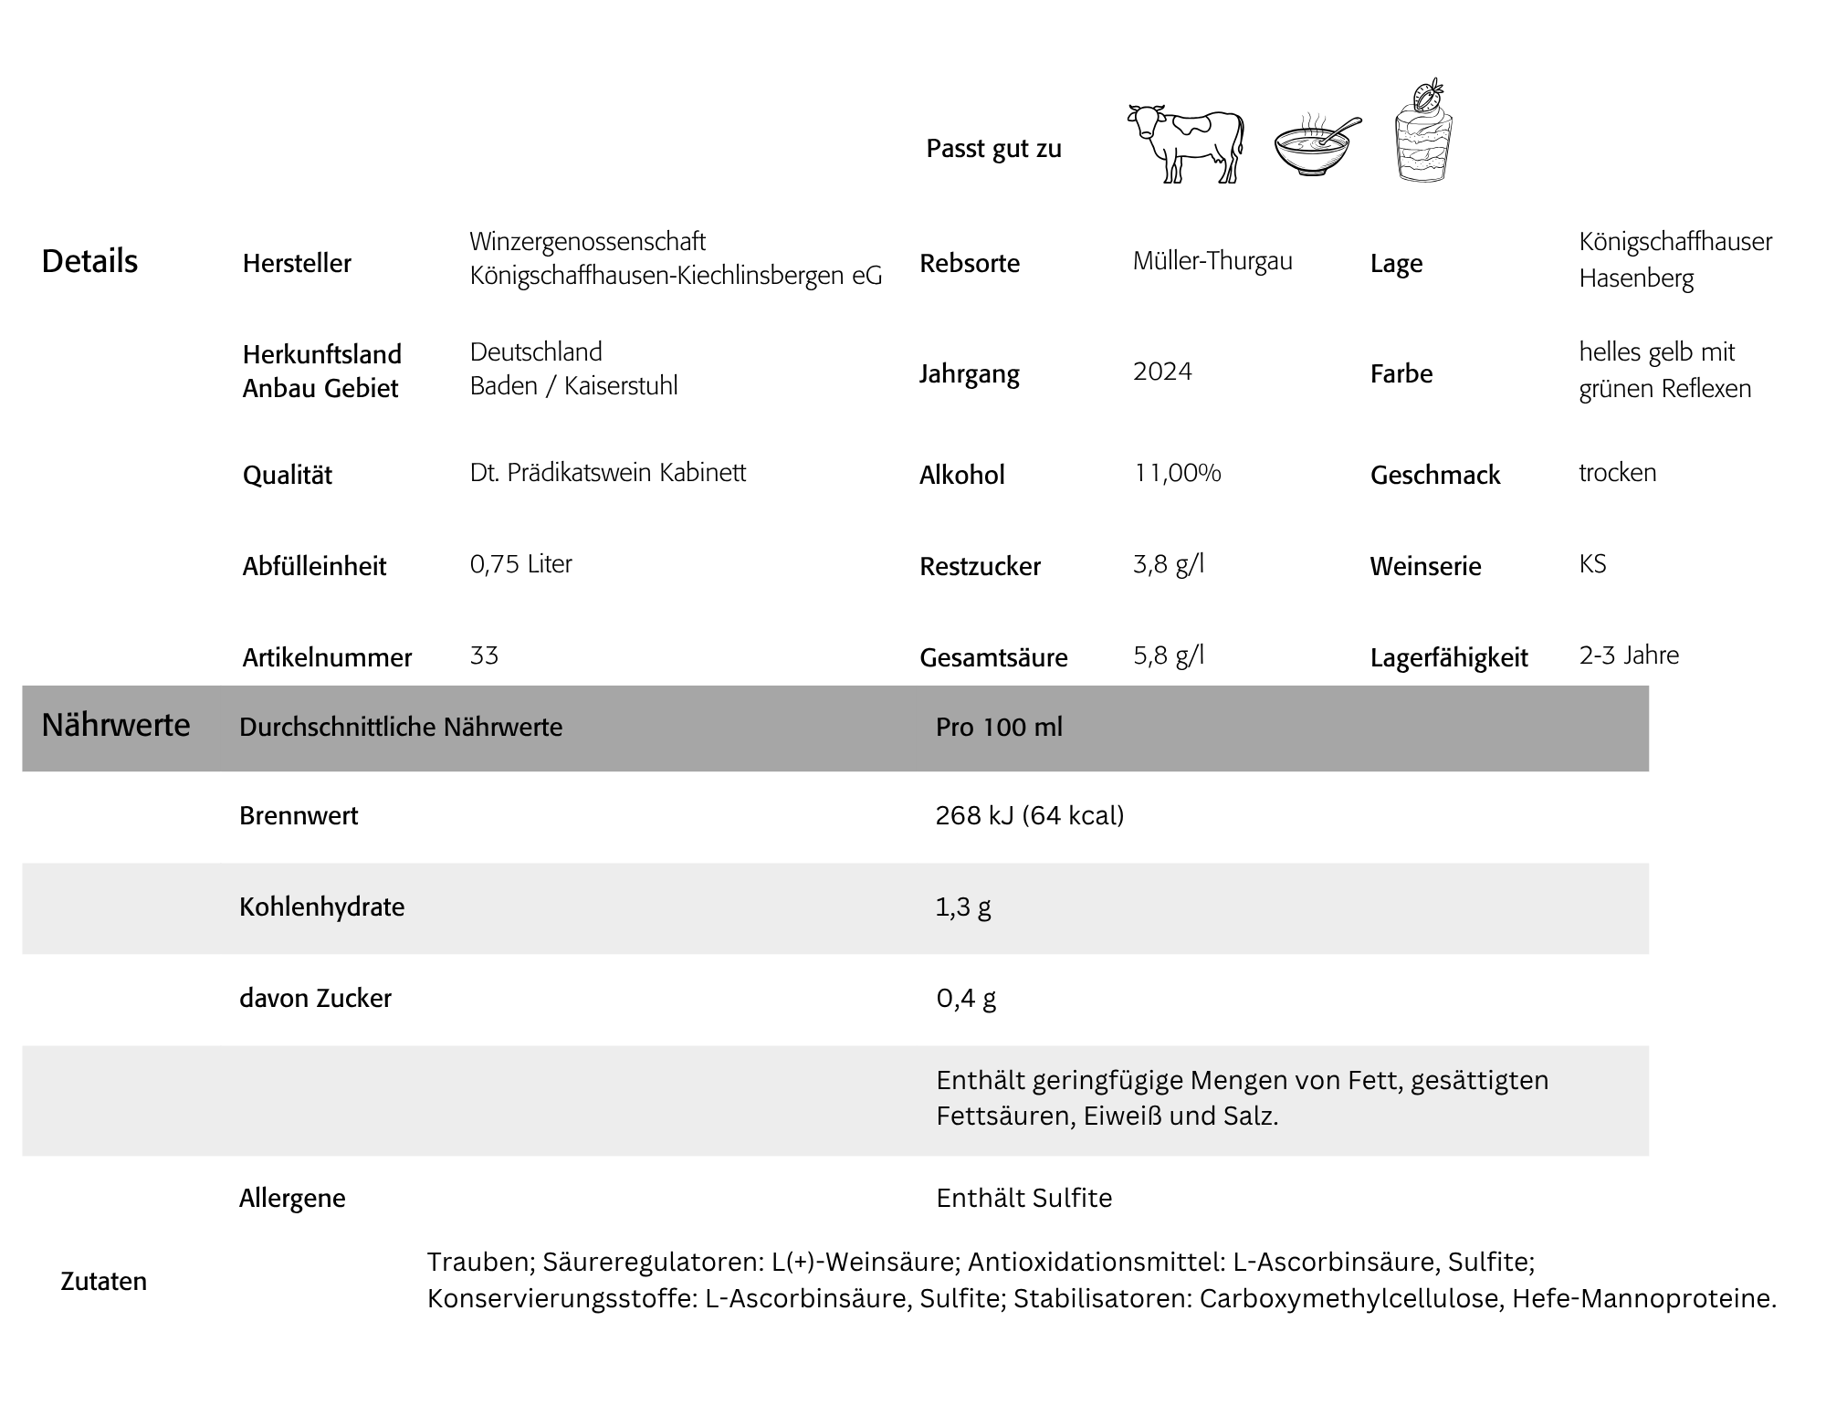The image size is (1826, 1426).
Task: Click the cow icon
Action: [1186, 144]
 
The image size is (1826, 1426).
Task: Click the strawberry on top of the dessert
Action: [1427, 95]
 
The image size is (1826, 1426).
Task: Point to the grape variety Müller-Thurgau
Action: [1212, 261]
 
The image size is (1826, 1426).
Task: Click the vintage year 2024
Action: [1162, 372]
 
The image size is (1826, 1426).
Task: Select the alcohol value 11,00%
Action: [1177, 473]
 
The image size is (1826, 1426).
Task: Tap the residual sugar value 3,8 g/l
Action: [1169, 564]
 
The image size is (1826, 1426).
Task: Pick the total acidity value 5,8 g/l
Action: [1169, 655]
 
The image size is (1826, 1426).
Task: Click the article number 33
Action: [484, 655]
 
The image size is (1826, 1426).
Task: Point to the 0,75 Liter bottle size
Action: [520, 564]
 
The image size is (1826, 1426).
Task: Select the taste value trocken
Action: [1617, 473]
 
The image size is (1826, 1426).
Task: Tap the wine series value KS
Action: [1592, 564]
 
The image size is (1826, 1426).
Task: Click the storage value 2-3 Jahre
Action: [1629, 655]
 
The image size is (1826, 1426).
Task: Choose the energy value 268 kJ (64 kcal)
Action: [1029, 815]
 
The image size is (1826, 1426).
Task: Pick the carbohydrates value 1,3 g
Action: [962, 907]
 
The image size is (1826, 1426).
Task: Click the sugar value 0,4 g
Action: [965, 998]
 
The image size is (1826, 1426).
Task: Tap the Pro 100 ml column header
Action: [999, 727]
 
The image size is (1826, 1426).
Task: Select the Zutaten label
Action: [103, 1281]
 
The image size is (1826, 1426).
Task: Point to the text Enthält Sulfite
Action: [1023, 1198]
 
